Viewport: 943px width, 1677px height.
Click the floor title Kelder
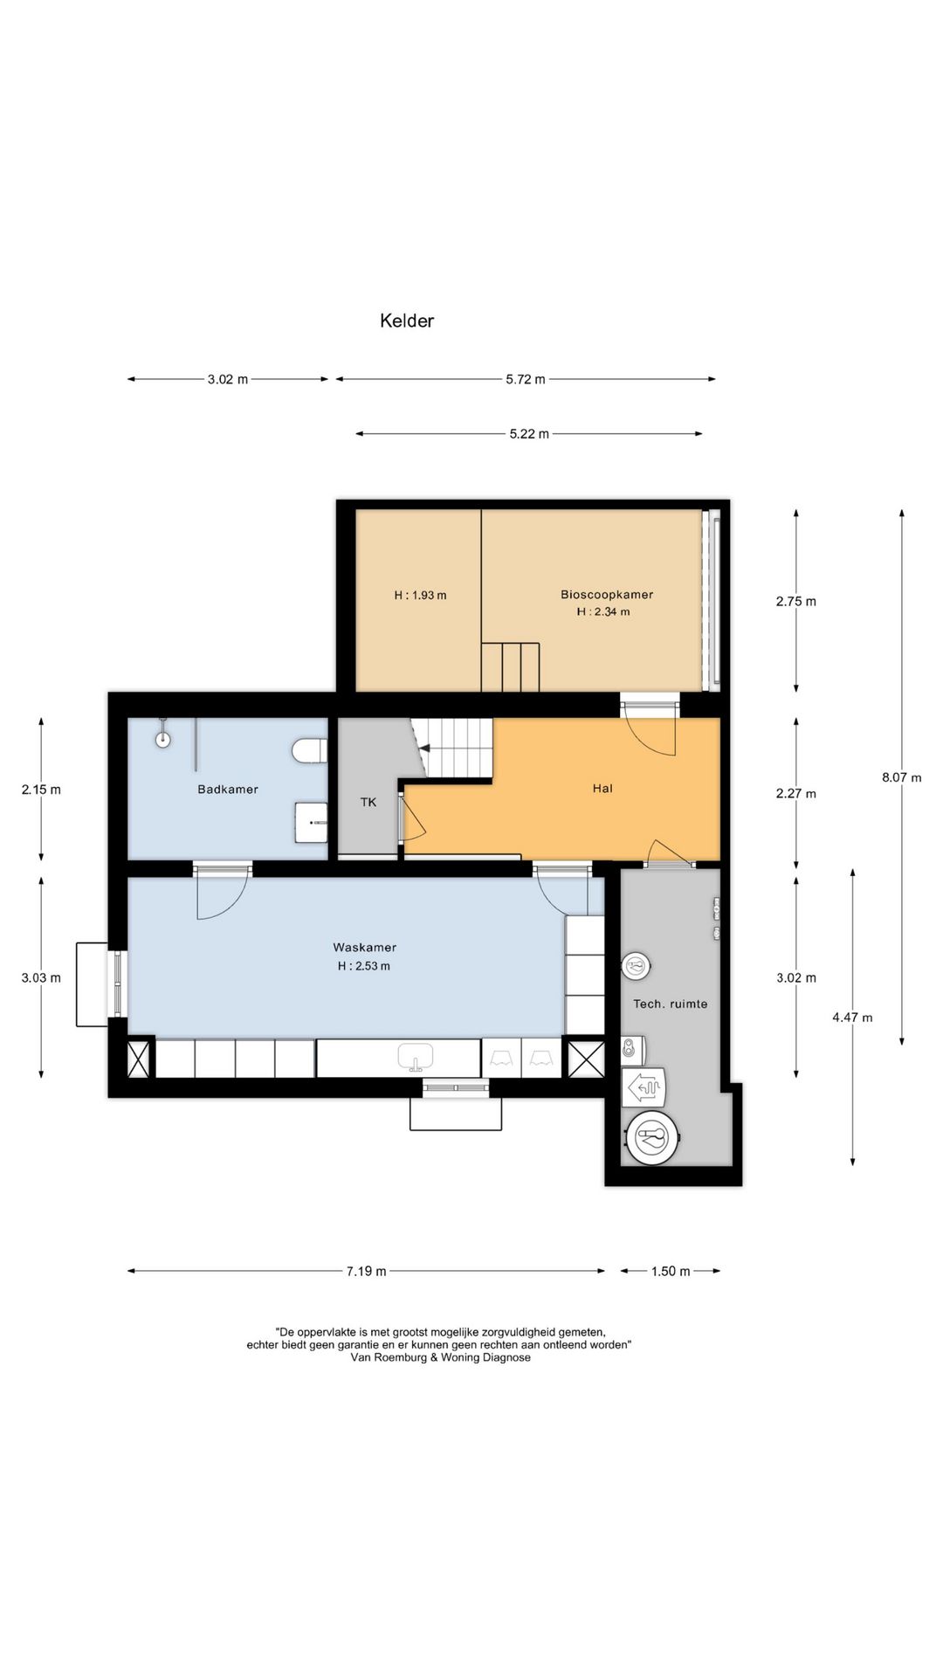[406, 321]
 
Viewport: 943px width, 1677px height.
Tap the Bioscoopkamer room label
[607, 595]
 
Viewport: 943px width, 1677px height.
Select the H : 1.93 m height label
[420, 596]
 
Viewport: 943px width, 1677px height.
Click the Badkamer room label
[228, 789]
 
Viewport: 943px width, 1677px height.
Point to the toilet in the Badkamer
[309, 750]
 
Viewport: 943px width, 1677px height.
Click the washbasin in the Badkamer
[311, 823]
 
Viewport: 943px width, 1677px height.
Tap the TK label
[368, 802]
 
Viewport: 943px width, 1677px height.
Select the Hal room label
[602, 788]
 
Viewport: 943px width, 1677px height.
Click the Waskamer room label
[364, 947]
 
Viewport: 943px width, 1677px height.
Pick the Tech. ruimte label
[671, 1004]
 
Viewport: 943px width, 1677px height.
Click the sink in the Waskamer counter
[416, 1058]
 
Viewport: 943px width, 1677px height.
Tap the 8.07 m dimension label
[902, 777]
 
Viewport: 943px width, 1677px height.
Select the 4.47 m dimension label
[852, 1018]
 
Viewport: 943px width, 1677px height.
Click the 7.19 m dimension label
[366, 1271]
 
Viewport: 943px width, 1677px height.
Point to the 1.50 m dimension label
[671, 1271]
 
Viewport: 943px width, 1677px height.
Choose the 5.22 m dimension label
[529, 434]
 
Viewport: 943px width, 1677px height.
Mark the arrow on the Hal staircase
[424, 749]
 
